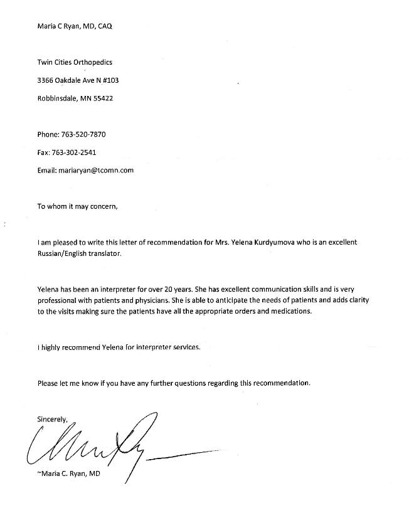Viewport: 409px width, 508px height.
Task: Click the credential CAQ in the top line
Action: click(106, 26)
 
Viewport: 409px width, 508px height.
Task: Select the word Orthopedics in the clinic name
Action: click(93, 62)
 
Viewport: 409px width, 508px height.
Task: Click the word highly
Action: click(54, 347)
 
